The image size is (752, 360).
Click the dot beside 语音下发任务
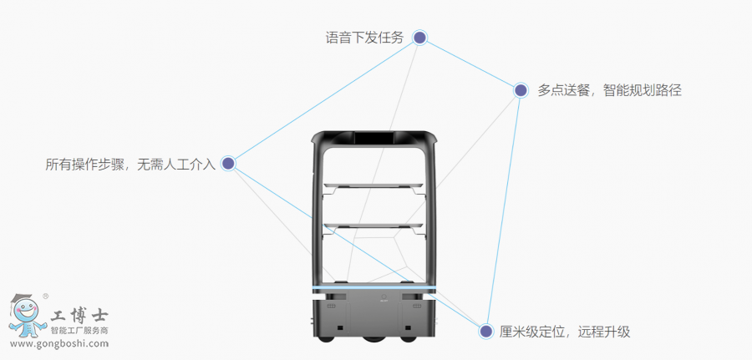tap(420, 38)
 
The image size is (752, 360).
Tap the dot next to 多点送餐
tap(520, 90)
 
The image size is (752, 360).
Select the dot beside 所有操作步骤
tap(228, 164)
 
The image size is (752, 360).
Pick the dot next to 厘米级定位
tap(485, 332)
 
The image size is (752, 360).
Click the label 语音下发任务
tap(364, 38)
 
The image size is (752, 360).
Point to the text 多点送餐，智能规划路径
tap(609, 90)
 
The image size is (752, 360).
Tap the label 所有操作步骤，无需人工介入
tap(130, 165)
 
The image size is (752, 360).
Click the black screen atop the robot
tap(373, 138)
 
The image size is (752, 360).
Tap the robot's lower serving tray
tap(373, 226)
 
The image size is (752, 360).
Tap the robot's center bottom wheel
tap(373, 340)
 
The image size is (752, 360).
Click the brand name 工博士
tap(79, 317)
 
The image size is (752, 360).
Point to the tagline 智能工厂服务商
tap(80, 331)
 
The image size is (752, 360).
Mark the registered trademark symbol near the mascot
tap(45, 296)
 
